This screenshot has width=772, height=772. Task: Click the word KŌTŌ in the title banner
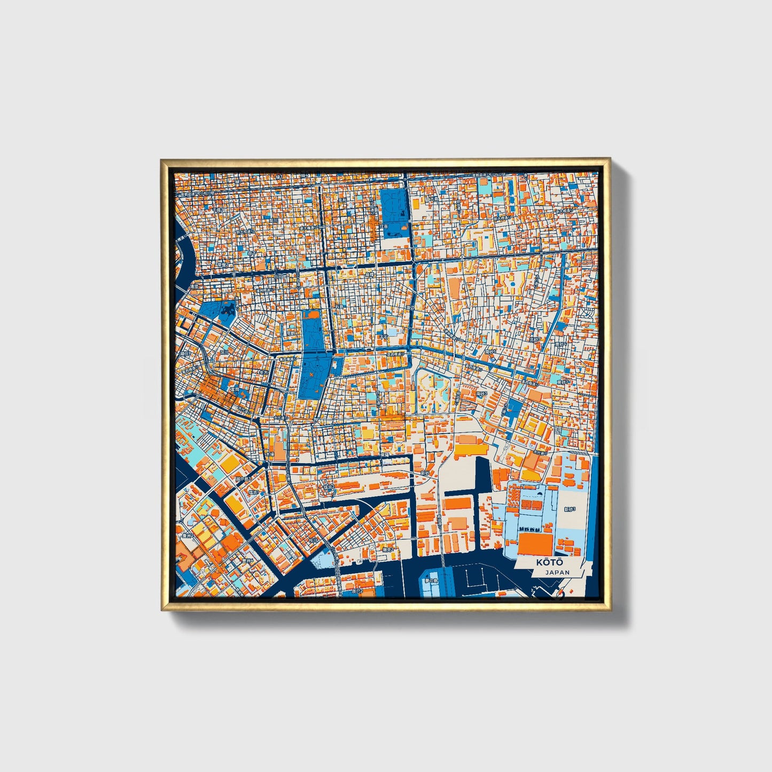pos(549,563)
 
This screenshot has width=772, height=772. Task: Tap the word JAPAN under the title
pos(557,572)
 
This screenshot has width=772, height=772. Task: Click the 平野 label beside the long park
pos(291,332)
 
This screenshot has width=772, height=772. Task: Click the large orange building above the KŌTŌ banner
pos(535,544)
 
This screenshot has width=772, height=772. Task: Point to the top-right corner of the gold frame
pos(609,160)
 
